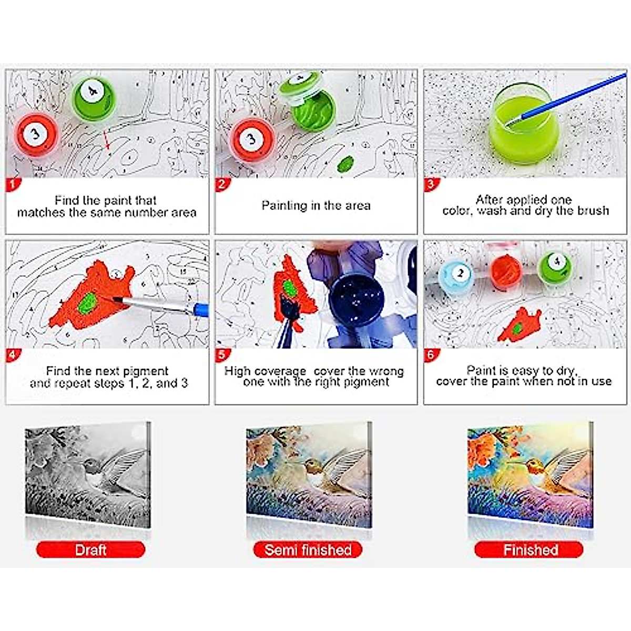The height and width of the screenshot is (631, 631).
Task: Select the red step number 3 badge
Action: click(431, 184)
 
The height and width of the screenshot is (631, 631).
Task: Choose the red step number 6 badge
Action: click(431, 354)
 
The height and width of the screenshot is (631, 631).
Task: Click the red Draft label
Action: click(90, 550)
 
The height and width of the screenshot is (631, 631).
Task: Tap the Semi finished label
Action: click(308, 550)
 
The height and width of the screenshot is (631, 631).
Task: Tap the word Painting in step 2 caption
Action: click(284, 205)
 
